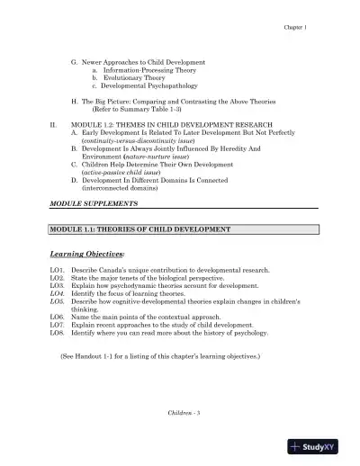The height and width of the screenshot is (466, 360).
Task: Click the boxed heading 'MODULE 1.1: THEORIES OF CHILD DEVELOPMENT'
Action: [x=140, y=229]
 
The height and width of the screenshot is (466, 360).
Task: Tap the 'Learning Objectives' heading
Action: [x=87, y=255]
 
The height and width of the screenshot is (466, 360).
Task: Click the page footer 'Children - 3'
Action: [x=186, y=411]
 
